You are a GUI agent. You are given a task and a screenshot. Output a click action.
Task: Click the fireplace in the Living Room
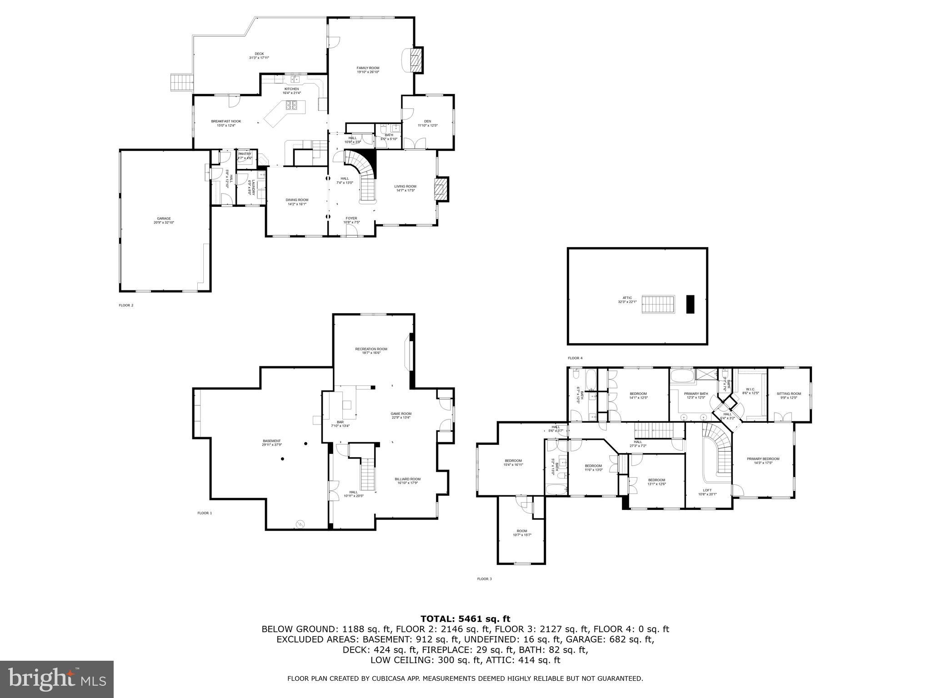click(441, 189)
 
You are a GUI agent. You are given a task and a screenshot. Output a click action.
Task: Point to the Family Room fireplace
click(416, 60)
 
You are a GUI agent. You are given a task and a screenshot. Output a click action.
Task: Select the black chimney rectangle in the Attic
click(691, 304)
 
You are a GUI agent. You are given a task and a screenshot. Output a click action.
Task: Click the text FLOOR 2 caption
click(126, 305)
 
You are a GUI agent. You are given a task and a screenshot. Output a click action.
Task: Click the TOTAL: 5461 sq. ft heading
click(465, 618)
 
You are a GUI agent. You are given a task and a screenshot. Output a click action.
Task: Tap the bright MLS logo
click(57, 679)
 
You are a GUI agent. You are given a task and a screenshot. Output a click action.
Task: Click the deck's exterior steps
click(181, 83)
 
